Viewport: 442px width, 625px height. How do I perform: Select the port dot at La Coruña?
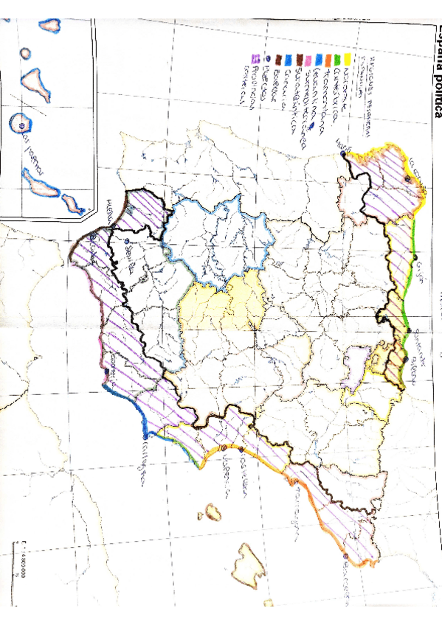pos(408,179)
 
